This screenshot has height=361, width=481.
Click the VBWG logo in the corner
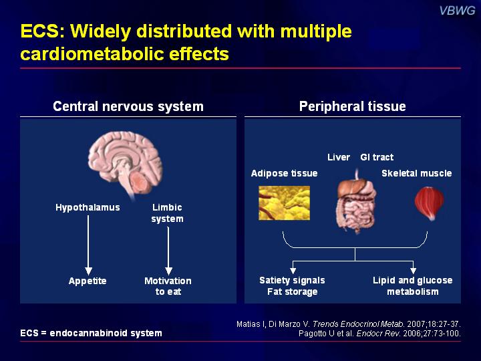click(x=457, y=11)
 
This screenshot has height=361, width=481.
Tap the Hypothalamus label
click(x=88, y=207)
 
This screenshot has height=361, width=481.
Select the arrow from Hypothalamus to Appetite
click(x=88, y=245)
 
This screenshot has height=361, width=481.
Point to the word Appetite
click(x=88, y=281)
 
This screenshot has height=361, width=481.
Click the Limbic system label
click(x=167, y=213)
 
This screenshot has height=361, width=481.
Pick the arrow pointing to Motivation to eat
click(x=168, y=251)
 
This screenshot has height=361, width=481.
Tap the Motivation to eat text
click(x=168, y=286)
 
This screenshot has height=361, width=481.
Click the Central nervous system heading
click(x=128, y=106)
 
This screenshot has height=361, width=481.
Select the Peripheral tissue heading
click(x=353, y=106)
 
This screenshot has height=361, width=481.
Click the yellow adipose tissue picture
click(x=284, y=203)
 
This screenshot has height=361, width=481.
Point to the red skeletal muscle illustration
click(x=429, y=203)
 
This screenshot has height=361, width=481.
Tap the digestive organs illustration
click(x=357, y=203)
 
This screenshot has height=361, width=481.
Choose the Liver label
click(x=339, y=157)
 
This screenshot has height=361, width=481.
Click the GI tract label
click(x=377, y=157)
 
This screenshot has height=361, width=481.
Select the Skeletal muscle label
click(x=417, y=173)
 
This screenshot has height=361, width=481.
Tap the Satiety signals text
click(x=292, y=280)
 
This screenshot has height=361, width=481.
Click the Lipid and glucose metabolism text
click(x=413, y=286)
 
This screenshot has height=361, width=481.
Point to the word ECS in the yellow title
click(x=40, y=31)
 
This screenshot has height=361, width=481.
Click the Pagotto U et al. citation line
click(x=379, y=334)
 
